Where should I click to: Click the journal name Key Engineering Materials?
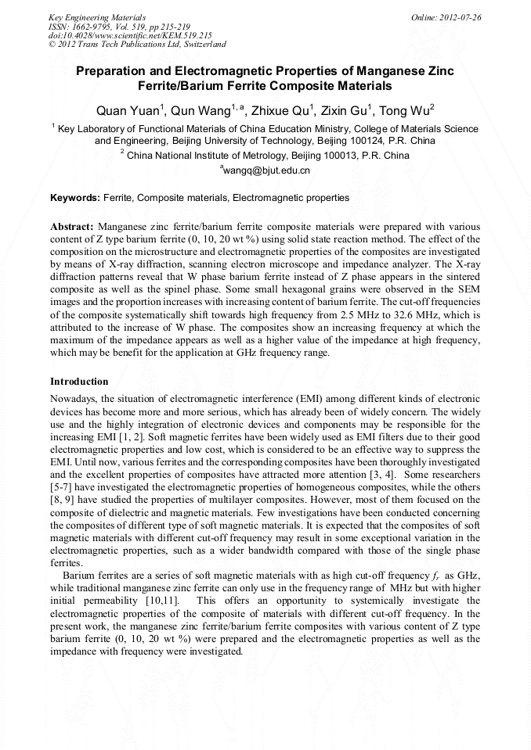[x=97, y=16]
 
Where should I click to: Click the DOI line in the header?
[x=130, y=35]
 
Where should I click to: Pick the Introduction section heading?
[x=79, y=381]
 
